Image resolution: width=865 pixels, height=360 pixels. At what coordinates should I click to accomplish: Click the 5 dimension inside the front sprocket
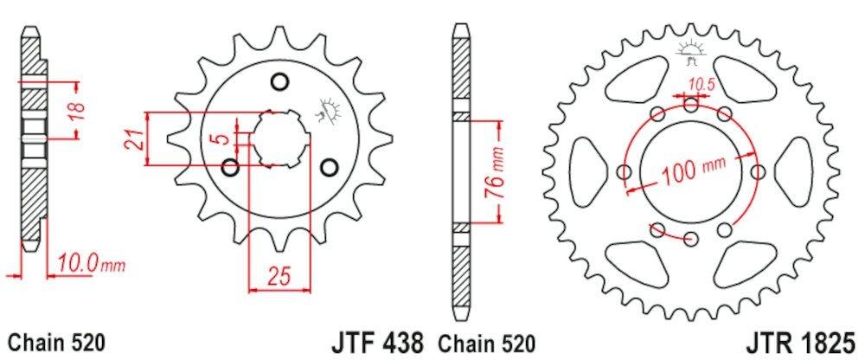[223, 138]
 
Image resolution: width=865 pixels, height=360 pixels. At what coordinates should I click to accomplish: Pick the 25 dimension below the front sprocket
[278, 277]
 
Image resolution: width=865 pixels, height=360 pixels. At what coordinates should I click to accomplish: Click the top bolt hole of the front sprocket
[279, 82]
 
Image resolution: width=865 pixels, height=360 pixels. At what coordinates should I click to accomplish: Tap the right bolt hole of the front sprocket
[329, 166]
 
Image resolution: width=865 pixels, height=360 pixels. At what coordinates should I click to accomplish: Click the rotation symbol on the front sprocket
[330, 110]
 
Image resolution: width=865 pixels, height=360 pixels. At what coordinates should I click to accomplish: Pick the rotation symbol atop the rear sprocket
[690, 50]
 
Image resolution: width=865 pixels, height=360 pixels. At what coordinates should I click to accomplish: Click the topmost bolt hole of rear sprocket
[690, 106]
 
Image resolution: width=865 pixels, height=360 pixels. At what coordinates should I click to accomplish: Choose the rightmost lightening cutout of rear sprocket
[793, 171]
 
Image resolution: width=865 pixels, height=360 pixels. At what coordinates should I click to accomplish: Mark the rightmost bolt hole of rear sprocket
[757, 172]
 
